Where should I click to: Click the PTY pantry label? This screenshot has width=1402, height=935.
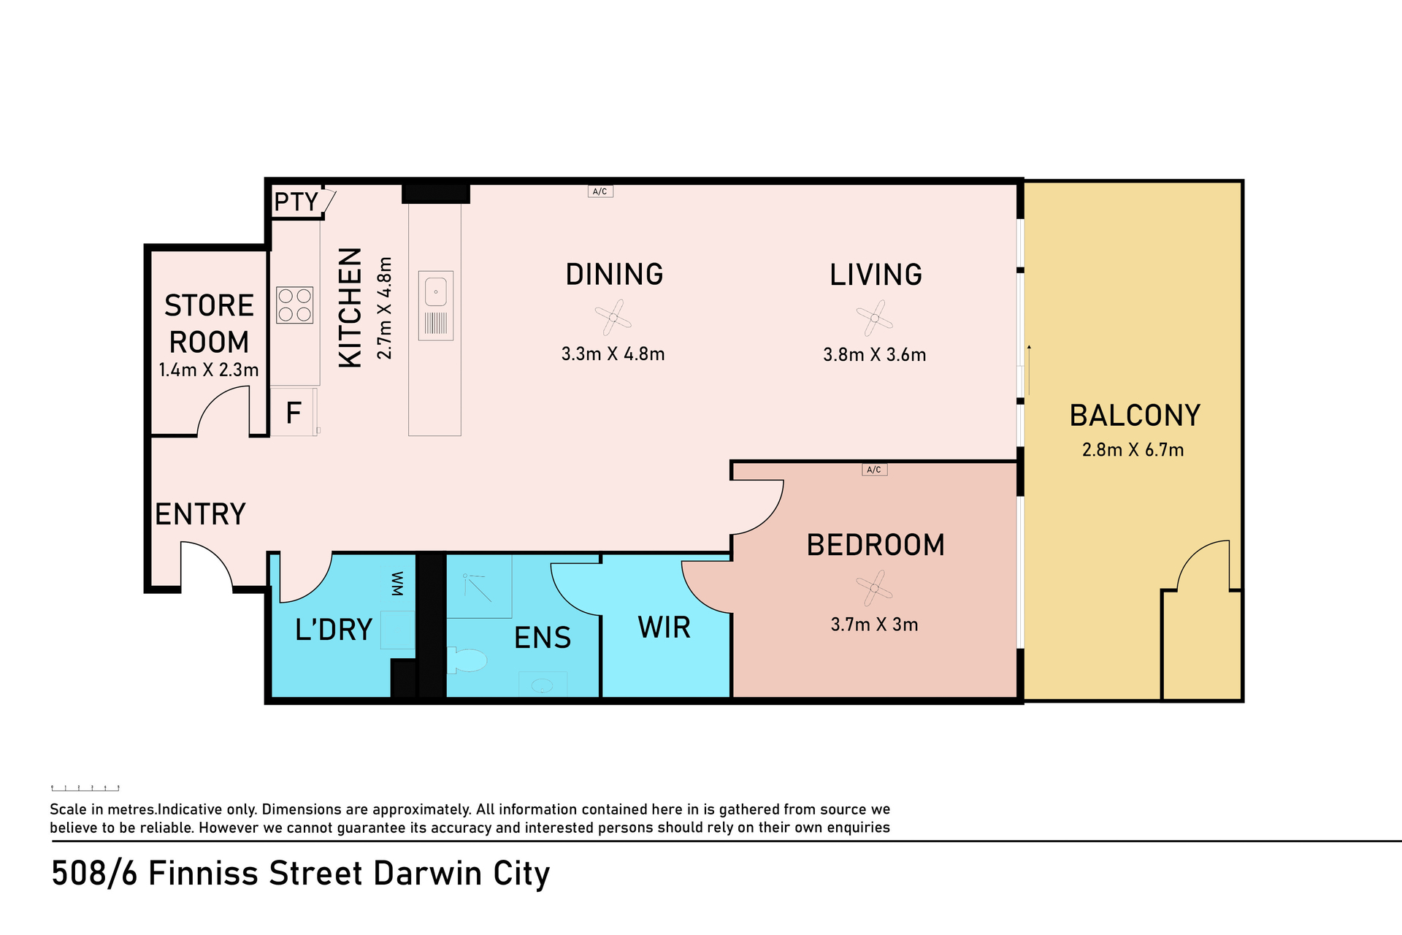tap(296, 202)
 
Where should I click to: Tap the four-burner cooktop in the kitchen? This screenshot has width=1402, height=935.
tap(295, 305)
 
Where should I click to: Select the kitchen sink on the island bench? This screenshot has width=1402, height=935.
tap(436, 305)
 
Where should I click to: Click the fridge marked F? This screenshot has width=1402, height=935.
tap(294, 413)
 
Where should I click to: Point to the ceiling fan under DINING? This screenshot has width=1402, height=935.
tap(613, 318)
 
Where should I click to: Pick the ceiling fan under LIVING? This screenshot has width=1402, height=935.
tap(875, 318)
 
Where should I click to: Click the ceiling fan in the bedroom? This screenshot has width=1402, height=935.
tap(875, 588)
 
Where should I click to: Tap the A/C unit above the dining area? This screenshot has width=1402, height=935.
tap(600, 191)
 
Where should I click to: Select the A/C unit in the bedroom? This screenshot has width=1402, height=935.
tap(875, 470)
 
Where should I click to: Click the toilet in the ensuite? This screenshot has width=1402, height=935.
tap(467, 660)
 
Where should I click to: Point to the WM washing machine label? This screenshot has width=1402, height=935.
tap(397, 584)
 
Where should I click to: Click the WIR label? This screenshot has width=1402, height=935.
tap(664, 627)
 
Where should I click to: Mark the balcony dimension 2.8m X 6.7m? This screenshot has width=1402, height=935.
tap(1133, 450)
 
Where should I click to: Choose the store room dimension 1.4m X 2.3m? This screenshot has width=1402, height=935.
tap(209, 370)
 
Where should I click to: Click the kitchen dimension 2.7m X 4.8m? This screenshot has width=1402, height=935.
tap(385, 308)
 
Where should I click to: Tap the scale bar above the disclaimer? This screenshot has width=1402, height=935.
tap(85, 788)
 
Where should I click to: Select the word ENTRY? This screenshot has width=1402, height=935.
tap(201, 514)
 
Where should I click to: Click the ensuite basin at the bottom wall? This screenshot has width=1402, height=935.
tap(543, 685)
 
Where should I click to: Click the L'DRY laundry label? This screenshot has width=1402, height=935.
tap(334, 630)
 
